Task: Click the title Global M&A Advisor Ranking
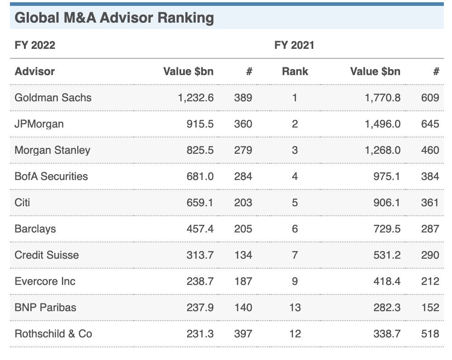pos(114,18)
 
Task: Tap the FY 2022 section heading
pos(35,45)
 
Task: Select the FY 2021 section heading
pos(294,45)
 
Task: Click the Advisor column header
pos(35,71)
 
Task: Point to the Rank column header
pos(295,71)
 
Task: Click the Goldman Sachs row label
pos(53,98)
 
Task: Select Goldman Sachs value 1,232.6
pos(196,98)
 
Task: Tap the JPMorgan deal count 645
pos(430,124)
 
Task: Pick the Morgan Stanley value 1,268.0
pos(382,150)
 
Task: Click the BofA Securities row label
pos(52,176)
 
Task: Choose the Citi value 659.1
pos(200,203)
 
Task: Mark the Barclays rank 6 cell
pos(295,229)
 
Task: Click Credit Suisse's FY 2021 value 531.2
pos(387,255)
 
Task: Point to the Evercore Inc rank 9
pos(295,281)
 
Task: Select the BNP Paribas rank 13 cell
pos(295,308)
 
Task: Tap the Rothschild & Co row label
pos(53,334)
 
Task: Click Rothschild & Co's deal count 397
pos(243,334)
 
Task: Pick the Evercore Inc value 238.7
pos(200,281)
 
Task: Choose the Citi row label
pos(22,203)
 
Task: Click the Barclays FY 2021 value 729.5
pos(387,229)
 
